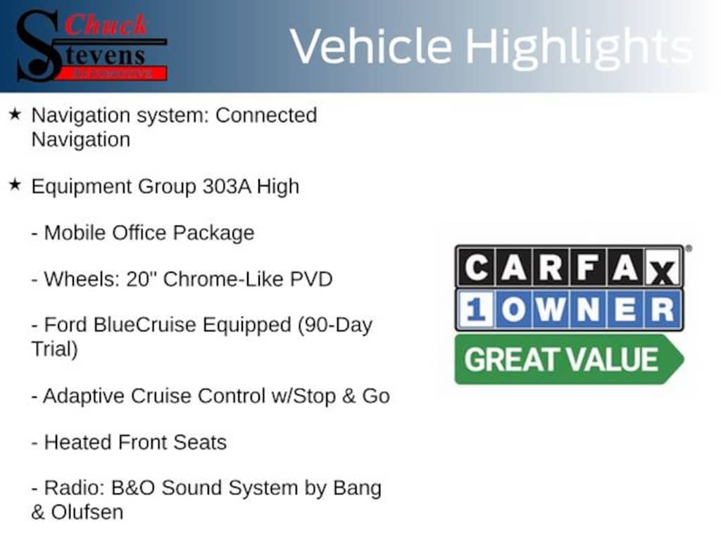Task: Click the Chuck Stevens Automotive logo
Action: [x=92, y=45]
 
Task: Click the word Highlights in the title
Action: [x=579, y=47]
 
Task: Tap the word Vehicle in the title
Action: [x=371, y=47]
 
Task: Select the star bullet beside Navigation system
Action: [x=15, y=114]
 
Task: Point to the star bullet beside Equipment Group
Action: [x=15, y=186]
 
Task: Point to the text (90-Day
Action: [x=334, y=325]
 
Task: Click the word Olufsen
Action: [x=87, y=512]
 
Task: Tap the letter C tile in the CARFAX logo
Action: [x=477, y=268]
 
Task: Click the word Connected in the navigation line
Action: [x=266, y=115]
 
